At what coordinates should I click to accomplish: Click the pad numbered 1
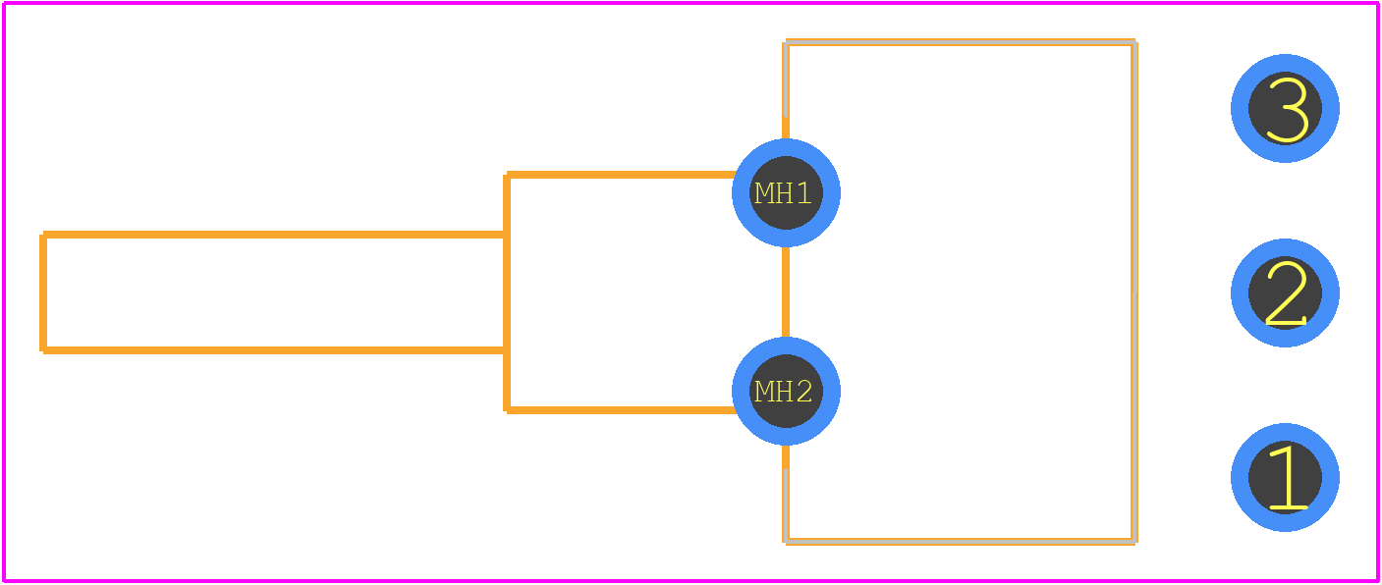[1285, 477]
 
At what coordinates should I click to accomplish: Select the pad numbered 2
[1285, 292]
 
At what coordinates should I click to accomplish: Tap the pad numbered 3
[1285, 109]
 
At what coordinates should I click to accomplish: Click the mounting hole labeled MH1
[786, 193]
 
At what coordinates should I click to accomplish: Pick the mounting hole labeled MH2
[786, 392]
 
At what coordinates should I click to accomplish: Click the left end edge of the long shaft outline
[43, 292]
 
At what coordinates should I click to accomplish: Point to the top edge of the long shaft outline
[275, 235]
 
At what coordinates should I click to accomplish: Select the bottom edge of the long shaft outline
[275, 350]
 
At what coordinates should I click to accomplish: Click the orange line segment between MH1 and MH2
[786, 292]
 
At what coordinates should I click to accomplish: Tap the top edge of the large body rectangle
[960, 42]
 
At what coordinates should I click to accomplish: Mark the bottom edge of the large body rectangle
[960, 542]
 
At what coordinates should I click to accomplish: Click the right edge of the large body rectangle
[1133, 292]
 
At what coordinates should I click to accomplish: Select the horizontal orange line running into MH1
[620, 175]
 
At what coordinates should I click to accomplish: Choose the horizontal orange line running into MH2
[620, 410]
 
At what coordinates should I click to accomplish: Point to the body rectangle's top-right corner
[1133, 42]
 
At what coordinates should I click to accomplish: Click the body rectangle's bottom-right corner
[1133, 542]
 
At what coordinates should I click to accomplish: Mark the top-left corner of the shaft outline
[43, 235]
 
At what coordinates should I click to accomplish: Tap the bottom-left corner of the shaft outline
[43, 350]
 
